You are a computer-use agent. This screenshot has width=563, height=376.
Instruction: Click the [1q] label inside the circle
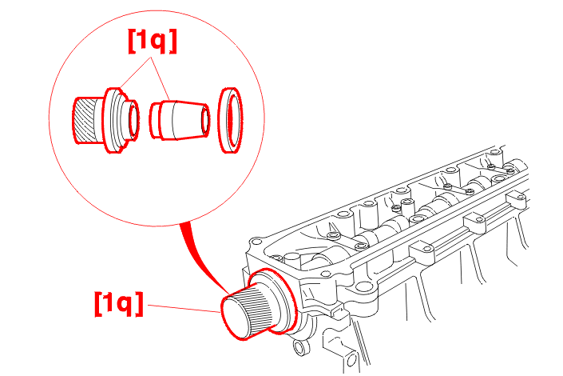[x=153, y=41]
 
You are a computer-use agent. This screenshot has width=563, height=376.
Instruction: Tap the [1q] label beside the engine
[x=119, y=304]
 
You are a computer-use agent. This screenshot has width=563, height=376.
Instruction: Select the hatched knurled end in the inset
[x=85, y=120]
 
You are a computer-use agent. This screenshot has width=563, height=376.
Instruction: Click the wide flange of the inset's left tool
[x=113, y=120]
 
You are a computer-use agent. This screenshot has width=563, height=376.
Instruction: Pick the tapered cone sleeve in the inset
[x=180, y=120]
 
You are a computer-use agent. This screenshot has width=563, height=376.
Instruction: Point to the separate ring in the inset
[x=230, y=120]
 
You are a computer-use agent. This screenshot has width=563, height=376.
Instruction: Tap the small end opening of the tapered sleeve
[x=205, y=120]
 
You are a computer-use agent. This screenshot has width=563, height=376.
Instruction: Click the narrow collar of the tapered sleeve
[x=155, y=121]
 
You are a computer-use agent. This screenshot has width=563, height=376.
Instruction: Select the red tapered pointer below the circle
[x=201, y=252]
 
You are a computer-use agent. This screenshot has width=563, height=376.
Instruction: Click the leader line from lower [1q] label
[x=184, y=308]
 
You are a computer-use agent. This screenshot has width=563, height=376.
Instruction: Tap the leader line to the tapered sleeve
[x=161, y=78]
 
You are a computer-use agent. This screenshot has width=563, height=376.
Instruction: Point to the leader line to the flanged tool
[x=136, y=72]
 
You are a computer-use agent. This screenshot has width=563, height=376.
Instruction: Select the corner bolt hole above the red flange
[x=256, y=241]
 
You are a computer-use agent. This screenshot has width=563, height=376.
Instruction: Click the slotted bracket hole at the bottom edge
[x=351, y=359]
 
